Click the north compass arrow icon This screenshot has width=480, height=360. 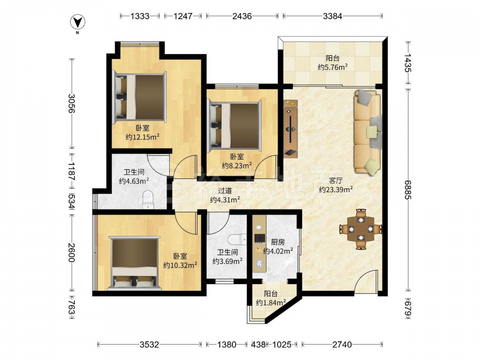click(77, 22)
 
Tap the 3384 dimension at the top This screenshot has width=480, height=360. click(333, 16)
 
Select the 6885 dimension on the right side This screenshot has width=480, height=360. click(408, 190)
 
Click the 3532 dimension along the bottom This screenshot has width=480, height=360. click(149, 345)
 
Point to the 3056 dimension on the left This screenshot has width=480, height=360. click(72, 104)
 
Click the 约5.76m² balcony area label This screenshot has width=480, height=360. click(333, 67)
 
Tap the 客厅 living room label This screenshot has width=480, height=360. click(336, 180)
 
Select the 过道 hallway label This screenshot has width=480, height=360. click(225, 191)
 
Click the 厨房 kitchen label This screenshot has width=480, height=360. click(278, 242)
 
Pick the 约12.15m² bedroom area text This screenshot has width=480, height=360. click(143, 137)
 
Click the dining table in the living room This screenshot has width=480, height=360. click(361, 229)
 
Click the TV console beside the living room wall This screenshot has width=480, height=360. click(290, 129)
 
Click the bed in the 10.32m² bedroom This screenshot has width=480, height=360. click(134, 263)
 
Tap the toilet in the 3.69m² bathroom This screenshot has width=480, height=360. click(237, 240)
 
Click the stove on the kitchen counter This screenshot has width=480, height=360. click(260, 238)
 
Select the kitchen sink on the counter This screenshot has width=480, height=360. click(260, 264)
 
